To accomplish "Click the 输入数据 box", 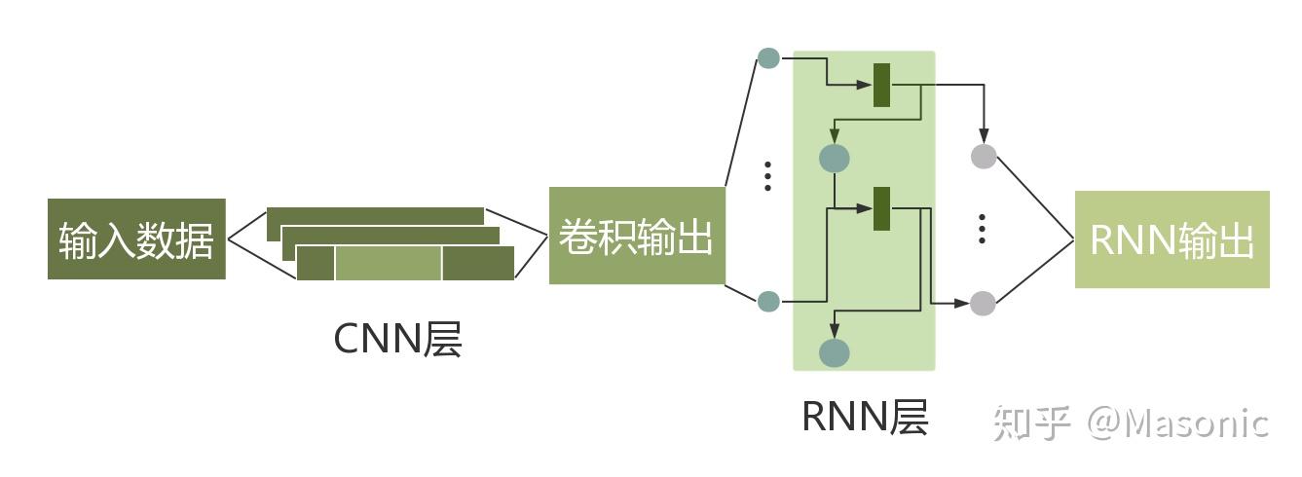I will coord(136,239).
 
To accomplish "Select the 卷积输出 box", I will coord(637,237).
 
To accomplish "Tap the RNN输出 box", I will coord(1172,239).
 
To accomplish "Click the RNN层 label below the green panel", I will coord(865,417).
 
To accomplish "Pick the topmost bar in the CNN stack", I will coord(375,215).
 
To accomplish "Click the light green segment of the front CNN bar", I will coord(389,263).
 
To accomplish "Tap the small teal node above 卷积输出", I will coord(768,57).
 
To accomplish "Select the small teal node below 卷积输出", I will coord(768,302).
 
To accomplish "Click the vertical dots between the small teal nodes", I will coord(768,175).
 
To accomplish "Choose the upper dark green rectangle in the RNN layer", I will coord(882,85).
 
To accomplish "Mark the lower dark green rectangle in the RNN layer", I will coord(882,208).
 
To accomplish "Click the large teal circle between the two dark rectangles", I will coord(835,157).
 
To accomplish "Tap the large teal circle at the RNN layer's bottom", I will coord(835,352).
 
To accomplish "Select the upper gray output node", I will coord(984,156).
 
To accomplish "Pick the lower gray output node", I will coord(983,304).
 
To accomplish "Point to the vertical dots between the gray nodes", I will coord(983,227).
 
